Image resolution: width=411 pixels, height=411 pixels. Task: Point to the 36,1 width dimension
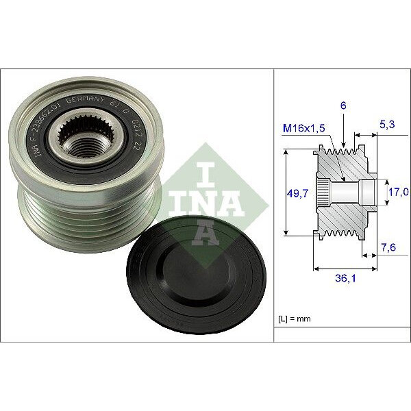(338, 279)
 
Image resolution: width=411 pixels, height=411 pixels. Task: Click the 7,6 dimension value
(388, 247)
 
